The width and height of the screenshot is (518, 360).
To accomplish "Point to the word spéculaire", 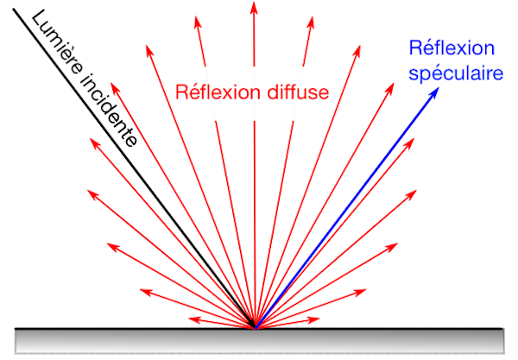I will [456, 75].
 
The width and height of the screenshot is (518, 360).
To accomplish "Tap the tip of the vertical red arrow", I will [254, 4].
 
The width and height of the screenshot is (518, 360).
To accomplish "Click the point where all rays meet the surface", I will [255, 328].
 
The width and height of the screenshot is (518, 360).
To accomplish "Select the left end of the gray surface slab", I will [17, 340].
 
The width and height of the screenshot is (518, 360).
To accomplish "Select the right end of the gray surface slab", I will [502, 340].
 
